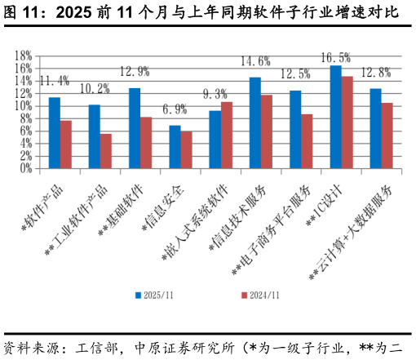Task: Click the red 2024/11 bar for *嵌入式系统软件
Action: click(227, 135)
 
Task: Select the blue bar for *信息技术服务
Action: click(254, 122)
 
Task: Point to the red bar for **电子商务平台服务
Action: click(307, 141)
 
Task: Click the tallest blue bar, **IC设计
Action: click(335, 117)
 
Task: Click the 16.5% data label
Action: click(335, 58)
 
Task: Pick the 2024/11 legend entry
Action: click(259, 294)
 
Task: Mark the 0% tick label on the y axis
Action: click(24, 168)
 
